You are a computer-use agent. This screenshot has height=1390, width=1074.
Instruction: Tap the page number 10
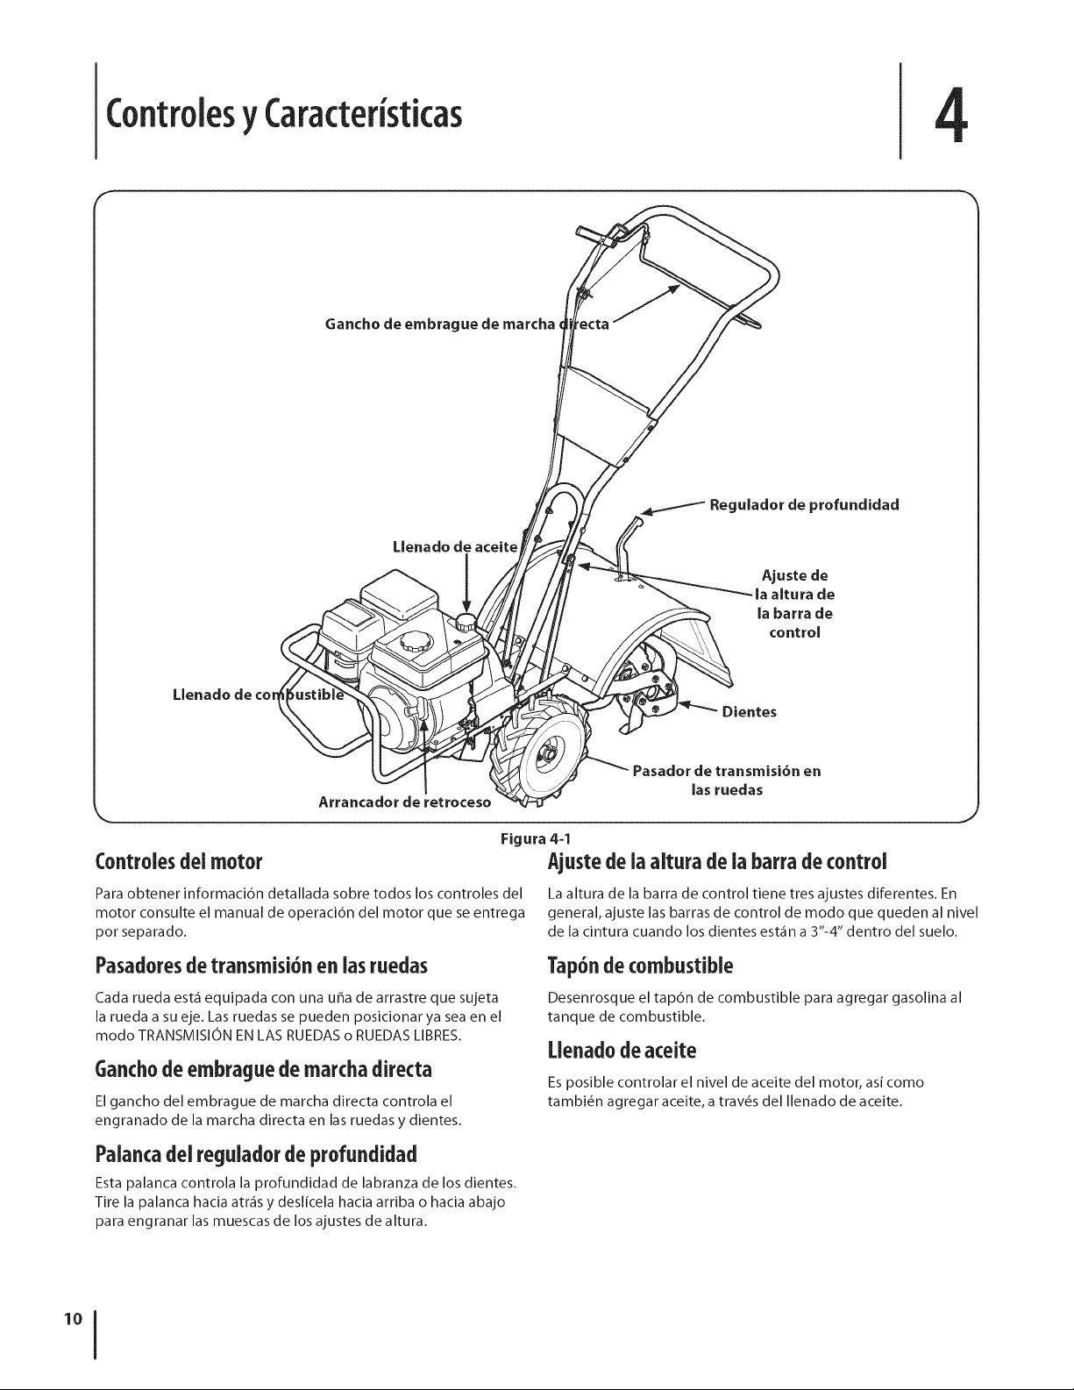74,1318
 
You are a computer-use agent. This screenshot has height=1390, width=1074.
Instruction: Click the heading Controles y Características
284,115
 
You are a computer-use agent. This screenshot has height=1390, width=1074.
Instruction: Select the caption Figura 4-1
539,838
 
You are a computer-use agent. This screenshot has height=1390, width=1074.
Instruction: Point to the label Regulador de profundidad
805,505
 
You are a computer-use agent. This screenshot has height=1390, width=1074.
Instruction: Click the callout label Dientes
750,712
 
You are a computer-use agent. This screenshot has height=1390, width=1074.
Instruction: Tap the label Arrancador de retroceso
405,802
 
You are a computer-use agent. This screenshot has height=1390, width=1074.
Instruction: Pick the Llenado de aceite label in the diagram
454,547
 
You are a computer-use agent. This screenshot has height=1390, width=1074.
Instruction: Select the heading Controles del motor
179,862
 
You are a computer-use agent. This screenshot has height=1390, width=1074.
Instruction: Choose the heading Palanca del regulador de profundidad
256,1155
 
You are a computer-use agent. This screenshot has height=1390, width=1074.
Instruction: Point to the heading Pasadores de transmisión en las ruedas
261,966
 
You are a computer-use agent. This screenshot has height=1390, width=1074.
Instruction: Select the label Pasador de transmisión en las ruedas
727,781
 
